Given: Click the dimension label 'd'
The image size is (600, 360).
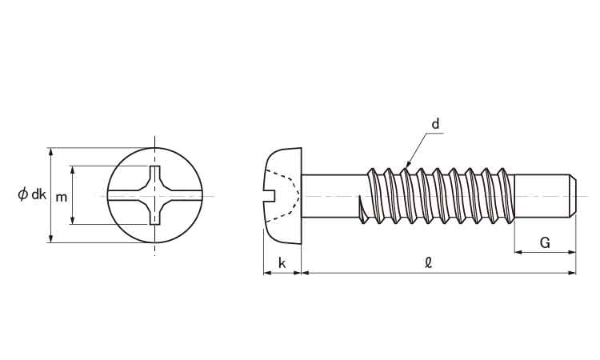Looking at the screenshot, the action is point(435,124).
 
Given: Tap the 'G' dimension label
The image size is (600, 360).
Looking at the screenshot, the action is point(545,242).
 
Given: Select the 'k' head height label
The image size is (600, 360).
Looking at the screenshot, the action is point(282,263).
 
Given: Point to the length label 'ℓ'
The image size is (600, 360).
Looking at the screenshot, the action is point(429,262).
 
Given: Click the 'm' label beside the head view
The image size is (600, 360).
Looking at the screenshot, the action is point(62,198).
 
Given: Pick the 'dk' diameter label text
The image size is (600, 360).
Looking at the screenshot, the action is point(38,194).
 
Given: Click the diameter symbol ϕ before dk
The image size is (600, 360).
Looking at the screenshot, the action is point(23,194).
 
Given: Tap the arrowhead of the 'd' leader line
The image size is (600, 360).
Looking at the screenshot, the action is point(408,165).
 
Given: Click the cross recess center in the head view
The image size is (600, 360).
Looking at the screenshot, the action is point(154,195).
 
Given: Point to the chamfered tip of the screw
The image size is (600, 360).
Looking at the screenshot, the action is point(573,195).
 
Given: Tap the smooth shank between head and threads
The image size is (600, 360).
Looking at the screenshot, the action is point(334,196).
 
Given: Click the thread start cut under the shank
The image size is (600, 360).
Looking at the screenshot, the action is point(362,210).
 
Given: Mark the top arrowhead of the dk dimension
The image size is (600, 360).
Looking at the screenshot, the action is point(51,151).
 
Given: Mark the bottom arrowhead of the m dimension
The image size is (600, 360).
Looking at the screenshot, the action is point(72,220).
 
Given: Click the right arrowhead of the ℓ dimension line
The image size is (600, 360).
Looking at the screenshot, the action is point(572,273).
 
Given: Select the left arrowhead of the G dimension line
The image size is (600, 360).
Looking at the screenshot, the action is point(518,252).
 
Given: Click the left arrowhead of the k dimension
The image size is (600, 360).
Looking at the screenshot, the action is point(267,273).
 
